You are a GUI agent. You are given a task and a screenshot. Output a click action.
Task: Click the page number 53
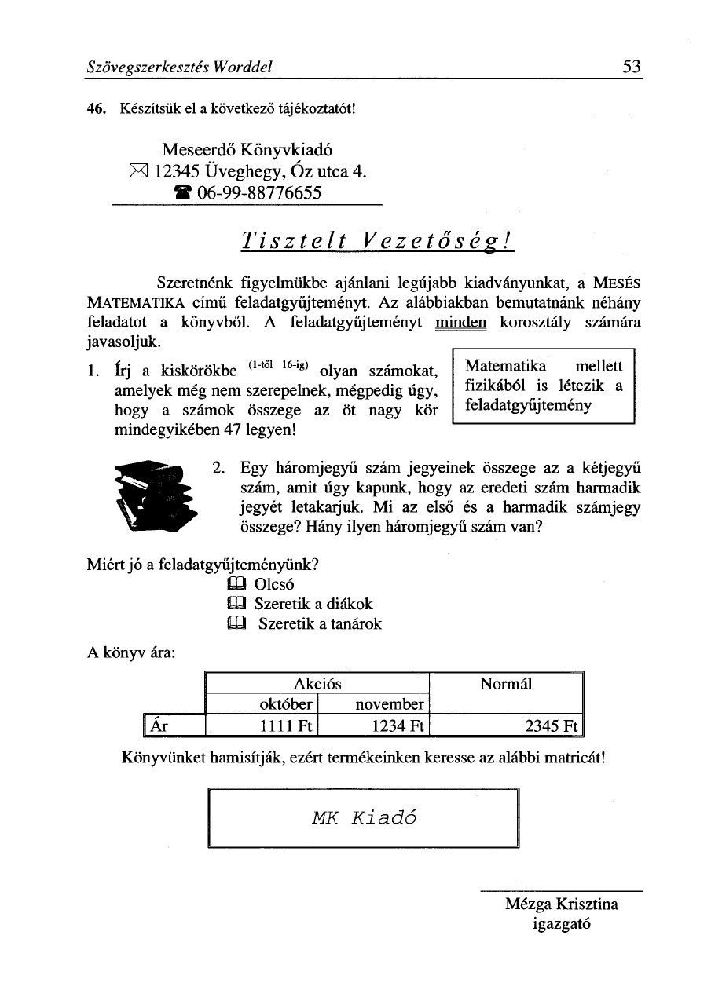point(632,68)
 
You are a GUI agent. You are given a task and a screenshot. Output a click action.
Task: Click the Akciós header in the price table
point(317,684)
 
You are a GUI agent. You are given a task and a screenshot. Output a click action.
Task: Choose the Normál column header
point(506,684)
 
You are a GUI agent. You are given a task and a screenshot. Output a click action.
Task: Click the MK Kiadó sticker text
point(364,817)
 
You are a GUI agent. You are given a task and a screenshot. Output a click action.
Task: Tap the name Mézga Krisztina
point(562,904)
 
